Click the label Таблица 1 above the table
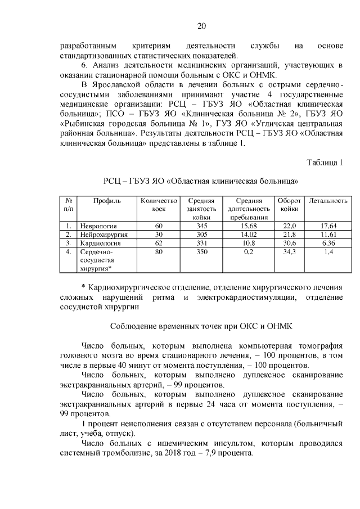[325, 163]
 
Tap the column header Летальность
[328, 201]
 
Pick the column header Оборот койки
[289, 205]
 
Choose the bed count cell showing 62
[159, 243]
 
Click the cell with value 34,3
[289, 252]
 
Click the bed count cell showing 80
[159, 252]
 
